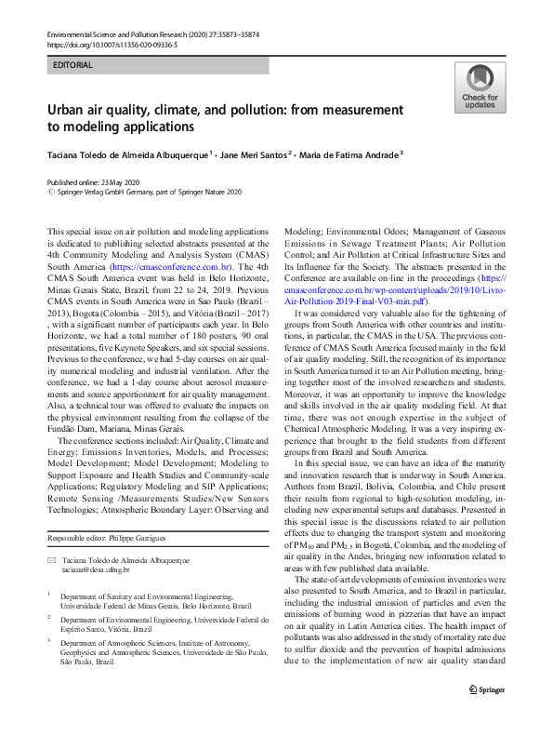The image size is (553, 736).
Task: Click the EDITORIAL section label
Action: click(73, 67)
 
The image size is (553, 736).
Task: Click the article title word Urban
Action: click(70, 110)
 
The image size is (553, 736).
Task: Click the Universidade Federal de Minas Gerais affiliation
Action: click(139, 603)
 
